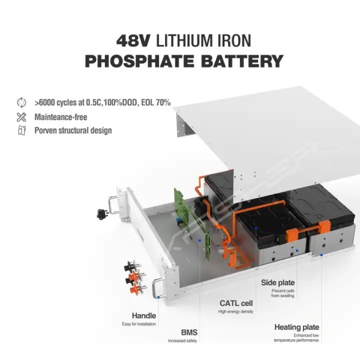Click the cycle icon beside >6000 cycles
pos(22,103)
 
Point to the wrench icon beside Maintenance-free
pos(22,116)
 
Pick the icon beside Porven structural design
pos(22,130)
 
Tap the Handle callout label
pos(144,316)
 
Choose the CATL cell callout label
pos(236,303)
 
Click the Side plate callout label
pos(277,282)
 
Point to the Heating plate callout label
pos(296,328)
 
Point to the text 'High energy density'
pos(236,312)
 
